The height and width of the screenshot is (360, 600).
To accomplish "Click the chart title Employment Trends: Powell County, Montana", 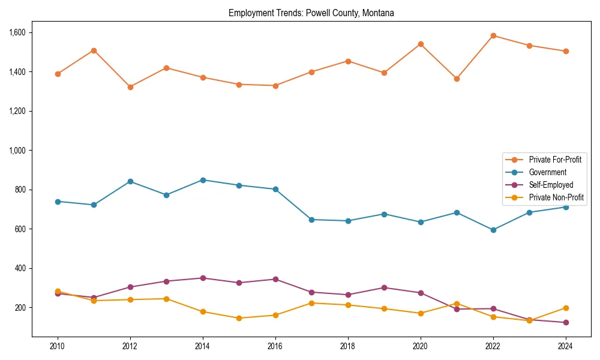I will tap(311, 13).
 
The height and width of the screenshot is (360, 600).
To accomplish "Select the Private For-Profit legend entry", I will tap(554, 160).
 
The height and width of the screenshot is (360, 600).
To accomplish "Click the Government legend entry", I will tap(547, 172).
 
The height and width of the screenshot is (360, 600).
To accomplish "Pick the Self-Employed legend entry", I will tap(551, 185).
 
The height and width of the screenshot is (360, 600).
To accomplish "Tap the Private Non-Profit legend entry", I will tap(556, 197).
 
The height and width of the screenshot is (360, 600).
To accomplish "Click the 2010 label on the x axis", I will tap(58, 346).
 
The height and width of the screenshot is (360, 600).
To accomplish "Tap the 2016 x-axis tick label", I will tap(275, 346).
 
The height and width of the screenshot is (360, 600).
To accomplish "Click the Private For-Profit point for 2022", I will tap(493, 35).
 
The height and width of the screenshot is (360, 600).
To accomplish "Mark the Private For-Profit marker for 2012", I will tap(130, 87).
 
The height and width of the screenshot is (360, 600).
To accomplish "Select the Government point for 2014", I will tap(203, 180).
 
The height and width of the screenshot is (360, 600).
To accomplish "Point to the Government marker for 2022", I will tap(493, 230).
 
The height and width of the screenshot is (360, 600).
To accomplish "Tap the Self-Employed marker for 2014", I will tap(203, 278).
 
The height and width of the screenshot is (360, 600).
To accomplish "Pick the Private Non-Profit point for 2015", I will tap(239, 318).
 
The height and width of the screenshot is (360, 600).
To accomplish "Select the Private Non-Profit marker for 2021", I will tap(457, 304).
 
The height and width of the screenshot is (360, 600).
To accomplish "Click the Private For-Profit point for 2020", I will tap(421, 44).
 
